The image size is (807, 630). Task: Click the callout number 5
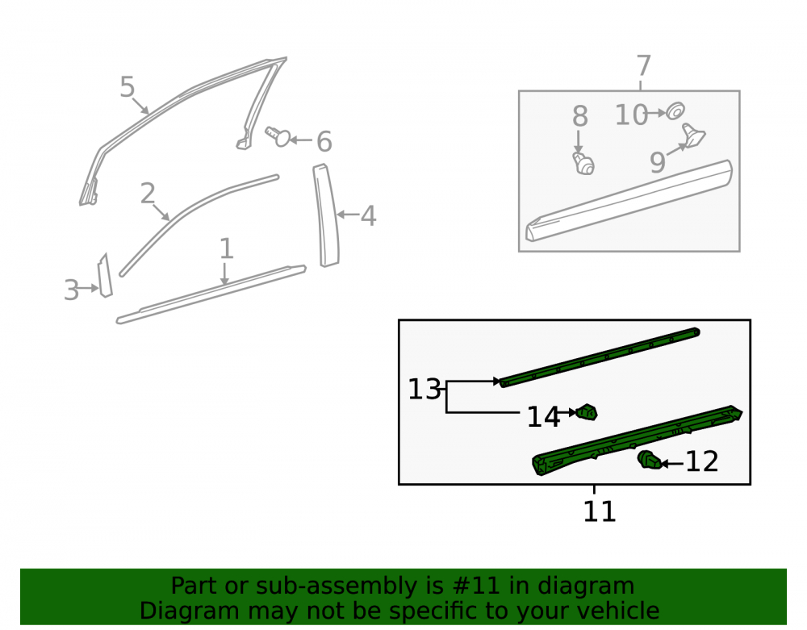click(128, 87)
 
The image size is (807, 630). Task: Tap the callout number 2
click(148, 194)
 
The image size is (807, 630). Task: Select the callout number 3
click(71, 290)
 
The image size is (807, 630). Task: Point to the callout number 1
click(227, 249)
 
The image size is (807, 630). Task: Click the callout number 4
click(368, 216)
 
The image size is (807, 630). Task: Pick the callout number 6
click(324, 141)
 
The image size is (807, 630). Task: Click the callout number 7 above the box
click(643, 66)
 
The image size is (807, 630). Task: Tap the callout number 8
click(580, 116)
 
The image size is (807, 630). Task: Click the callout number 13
click(424, 390)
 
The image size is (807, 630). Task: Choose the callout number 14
click(543, 417)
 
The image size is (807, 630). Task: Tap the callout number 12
click(702, 461)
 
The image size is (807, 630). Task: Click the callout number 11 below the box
click(599, 511)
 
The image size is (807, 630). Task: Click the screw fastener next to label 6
click(278, 136)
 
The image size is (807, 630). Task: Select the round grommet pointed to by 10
click(675, 111)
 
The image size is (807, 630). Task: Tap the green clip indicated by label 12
click(650, 460)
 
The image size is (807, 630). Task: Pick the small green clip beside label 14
click(587, 412)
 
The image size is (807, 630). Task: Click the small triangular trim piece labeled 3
click(105, 276)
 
